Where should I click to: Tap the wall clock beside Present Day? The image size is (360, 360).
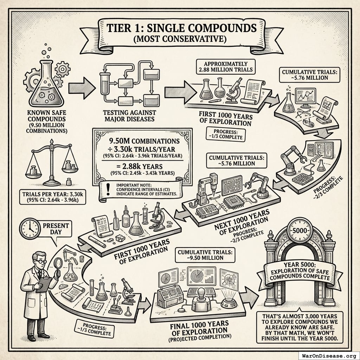tap(30, 228)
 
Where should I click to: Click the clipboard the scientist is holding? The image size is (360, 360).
tap(44, 284)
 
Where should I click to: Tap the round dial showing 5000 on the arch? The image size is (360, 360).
tap(300, 230)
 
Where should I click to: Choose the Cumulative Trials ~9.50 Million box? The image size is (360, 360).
tap(200, 255)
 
